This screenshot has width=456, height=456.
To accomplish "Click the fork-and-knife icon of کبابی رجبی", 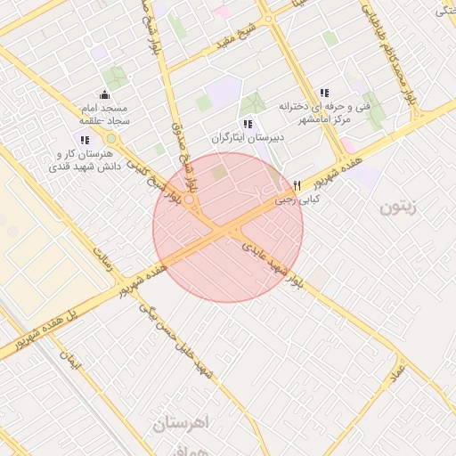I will [297, 185].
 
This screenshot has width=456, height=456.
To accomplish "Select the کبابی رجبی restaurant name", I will [297, 200].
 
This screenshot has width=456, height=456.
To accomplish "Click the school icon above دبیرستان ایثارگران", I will [247, 124].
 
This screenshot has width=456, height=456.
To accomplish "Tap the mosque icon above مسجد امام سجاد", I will [105, 94].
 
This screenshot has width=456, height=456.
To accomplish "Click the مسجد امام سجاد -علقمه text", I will [105, 113].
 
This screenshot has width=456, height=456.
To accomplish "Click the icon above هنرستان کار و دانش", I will [85, 140].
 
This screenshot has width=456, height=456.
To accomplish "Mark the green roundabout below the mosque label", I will [112, 139].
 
